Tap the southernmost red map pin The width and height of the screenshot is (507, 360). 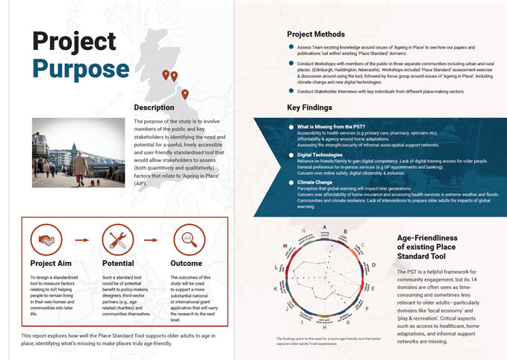[x=184, y=94]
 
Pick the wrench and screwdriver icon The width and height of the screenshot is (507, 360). [x=117, y=240]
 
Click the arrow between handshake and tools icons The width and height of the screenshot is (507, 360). [x=82, y=240]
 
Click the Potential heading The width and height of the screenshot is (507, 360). [x=118, y=264]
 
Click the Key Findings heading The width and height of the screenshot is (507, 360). [x=314, y=108]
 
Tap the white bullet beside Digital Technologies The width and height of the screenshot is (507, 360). [x=291, y=155]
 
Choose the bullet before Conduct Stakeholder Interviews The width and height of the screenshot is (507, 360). [x=290, y=91]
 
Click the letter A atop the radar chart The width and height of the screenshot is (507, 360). [x=323, y=232]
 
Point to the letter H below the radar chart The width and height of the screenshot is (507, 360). [x=323, y=327]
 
